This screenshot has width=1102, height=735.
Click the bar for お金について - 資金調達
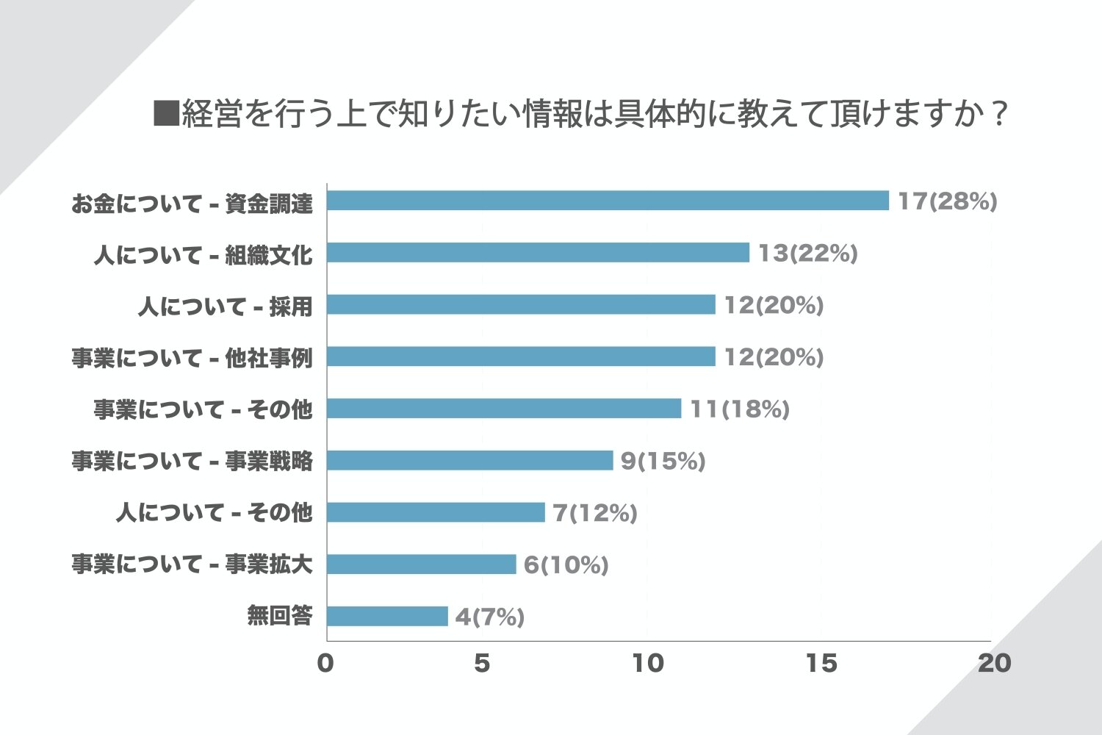608,201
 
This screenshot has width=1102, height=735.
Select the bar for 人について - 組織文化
538,253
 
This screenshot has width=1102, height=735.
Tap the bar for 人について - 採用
521,304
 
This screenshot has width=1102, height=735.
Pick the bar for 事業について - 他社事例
521,356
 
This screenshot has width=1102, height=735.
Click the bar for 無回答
387,616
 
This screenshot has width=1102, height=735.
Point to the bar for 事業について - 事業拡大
422,564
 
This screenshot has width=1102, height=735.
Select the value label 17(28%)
947,201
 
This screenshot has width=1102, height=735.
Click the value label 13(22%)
807,254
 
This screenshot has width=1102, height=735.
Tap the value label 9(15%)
663,461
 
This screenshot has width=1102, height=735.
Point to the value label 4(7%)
489,617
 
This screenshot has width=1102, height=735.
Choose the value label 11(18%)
739,409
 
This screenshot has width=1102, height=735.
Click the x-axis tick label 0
325,663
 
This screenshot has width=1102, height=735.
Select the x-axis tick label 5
482,663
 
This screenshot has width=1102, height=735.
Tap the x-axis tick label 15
821,663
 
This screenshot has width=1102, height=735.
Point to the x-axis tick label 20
994,663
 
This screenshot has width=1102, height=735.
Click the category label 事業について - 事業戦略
192,461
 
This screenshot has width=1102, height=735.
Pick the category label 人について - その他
214,512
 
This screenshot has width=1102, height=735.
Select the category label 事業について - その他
203,409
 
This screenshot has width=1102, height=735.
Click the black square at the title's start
166,114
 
